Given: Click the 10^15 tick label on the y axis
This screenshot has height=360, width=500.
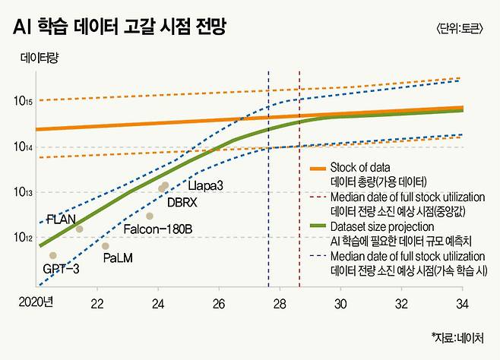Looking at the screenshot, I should (x=22, y=101).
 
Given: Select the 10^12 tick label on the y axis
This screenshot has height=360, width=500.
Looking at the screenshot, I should (x=22, y=238).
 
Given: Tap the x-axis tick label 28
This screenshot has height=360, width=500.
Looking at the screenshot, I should (x=280, y=304).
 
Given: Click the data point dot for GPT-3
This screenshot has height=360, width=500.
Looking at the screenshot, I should (x=53, y=255).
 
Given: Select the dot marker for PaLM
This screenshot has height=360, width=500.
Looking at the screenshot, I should (x=106, y=246).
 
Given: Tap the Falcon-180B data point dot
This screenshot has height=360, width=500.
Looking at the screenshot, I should (x=150, y=216).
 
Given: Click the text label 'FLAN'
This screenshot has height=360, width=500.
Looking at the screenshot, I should (x=61, y=219).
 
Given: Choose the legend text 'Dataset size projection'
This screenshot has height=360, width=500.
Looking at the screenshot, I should (x=382, y=226).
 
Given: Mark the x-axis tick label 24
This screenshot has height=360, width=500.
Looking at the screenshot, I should (x=158, y=304).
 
